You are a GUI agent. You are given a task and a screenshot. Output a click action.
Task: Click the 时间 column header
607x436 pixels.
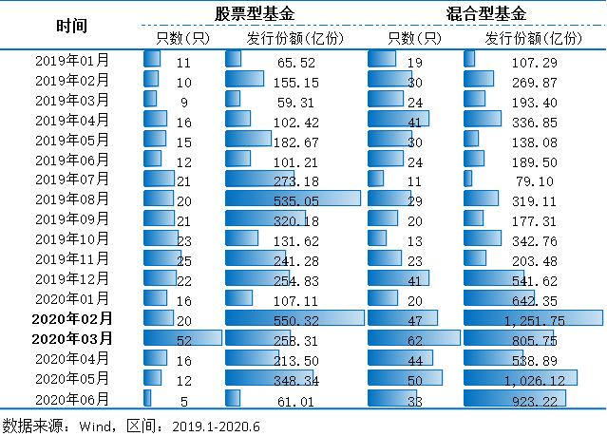click(71, 26)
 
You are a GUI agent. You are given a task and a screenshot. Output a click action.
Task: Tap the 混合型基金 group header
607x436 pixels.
click(485, 13)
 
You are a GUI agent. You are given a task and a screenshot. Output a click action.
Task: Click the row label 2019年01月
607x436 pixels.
click(71, 61)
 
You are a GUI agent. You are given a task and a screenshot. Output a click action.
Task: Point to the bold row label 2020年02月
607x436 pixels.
click(71, 318)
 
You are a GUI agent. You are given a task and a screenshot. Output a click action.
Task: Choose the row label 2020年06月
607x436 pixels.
click(71, 399)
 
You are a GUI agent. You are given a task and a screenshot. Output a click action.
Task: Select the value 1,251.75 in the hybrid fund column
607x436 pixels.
click(543, 319)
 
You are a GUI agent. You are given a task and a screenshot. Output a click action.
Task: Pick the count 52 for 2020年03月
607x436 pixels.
click(183, 338)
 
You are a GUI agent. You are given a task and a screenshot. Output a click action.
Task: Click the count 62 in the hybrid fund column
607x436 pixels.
click(415, 338)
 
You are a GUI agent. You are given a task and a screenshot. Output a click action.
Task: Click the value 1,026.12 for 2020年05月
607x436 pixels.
click(543, 379)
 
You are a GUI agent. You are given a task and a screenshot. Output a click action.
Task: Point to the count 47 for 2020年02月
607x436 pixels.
click(415, 319)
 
